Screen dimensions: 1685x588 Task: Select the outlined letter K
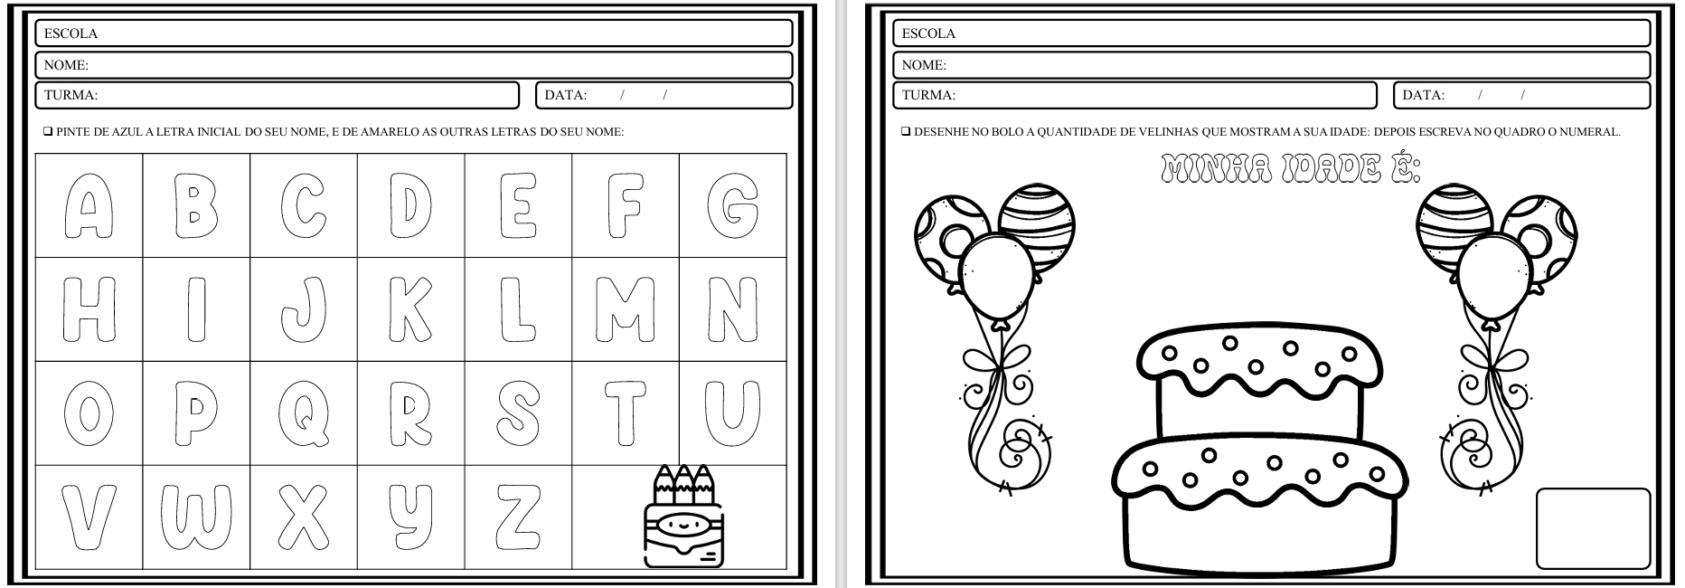(x=411, y=309)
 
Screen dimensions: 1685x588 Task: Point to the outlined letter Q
(x=305, y=414)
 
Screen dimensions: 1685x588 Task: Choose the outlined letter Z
(x=519, y=517)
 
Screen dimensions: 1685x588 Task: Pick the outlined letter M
(x=626, y=309)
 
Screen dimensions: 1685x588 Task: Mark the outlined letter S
(x=518, y=413)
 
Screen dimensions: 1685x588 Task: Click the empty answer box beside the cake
(x=1593, y=528)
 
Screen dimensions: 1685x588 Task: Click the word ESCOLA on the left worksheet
(x=71, y=33)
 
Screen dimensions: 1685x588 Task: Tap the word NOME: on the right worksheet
(x=924, y=65)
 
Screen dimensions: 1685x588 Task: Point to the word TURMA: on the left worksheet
(x=71, y=95)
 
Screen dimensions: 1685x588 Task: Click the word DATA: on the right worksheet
(x=1424, y=95)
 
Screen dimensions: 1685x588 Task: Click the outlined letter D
(x=411, y=206)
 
